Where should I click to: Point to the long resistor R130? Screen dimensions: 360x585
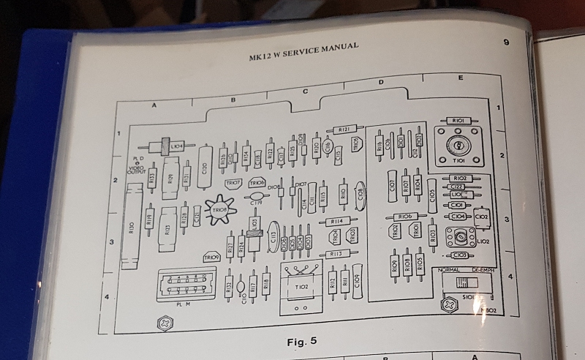coord(132,228)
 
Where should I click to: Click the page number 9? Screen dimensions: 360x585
coord(507,42)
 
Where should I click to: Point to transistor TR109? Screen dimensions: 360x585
coord(212,258)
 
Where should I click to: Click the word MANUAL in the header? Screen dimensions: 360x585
coord(336,48)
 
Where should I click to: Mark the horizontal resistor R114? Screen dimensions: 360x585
coord(337,221)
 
